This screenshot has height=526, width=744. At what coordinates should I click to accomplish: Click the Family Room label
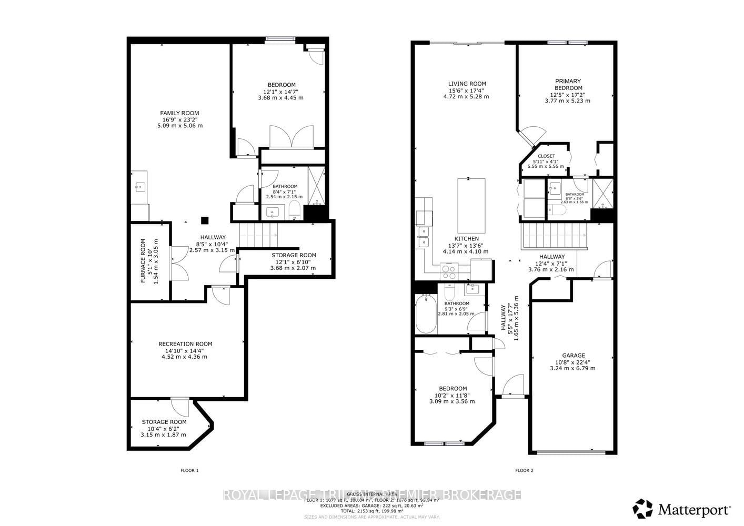click(179, 113)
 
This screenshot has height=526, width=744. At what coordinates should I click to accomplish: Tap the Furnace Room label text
click(143, 261)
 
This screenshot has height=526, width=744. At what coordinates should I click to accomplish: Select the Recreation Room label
click(185, 344)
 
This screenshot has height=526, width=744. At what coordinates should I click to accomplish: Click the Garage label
click(572, 356)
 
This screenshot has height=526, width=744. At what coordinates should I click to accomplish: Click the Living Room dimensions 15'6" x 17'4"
click(467, 90)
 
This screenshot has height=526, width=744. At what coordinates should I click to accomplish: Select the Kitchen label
click(466, 239)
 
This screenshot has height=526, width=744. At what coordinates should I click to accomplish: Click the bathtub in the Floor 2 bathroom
click(426, 314)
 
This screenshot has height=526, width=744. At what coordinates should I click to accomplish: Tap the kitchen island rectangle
click(471, 201)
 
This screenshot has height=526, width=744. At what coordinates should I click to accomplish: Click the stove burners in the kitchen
click(448, 272)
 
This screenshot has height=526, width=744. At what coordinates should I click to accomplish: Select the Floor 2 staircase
click(554, 236)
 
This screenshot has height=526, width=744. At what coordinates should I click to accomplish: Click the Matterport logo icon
click(642, 509)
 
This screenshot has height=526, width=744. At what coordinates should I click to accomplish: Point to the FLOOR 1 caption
click(189, 470)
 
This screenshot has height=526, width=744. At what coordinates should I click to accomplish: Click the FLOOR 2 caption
click(524, 470)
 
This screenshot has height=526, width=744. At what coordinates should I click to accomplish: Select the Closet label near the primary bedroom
click(546, 156)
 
